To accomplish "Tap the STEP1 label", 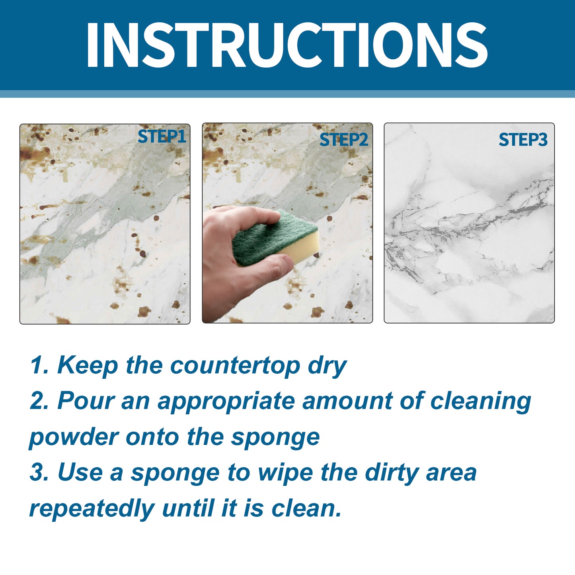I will (x=162, y=137).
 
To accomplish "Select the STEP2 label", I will (x=343, y=140).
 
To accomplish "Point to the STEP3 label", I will (x=523, y=140).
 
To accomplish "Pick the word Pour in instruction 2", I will (x=86, y=401).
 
